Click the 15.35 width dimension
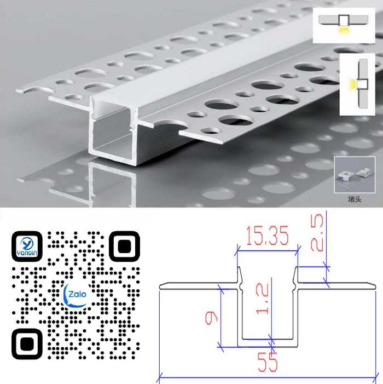click(x=268, y=236)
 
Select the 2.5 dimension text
click(x=317, y=233)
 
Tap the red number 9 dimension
click(x=211, y=318)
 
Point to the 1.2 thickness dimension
click(x=262, y=299)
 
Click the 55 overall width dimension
click(x=268, y=362)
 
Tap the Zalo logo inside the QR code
click(x=76, y=295)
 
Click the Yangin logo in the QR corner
click(x=27, y=247)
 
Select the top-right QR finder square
click(x=124, y=247)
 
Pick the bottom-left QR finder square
click(x=27, y=344)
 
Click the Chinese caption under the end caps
click(x=355, y=199)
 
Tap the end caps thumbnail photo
click(x=355, y=175)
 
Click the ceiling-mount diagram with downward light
click(x=344, y=25)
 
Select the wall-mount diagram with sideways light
click(x=357, y=84)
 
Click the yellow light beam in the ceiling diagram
click(x=344, y=31)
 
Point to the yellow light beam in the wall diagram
click(x=352, y=83)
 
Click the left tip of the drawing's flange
click(x=159, y=286)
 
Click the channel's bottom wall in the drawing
click(x=268, y=343)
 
